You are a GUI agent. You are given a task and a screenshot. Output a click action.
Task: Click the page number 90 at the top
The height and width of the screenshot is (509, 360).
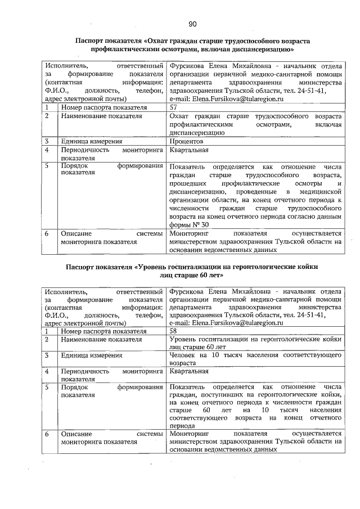pyautogui.click(x=192, y=24)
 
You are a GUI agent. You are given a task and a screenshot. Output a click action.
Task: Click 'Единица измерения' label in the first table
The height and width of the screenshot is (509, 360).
pyautogui.click(x=92, y=142)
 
